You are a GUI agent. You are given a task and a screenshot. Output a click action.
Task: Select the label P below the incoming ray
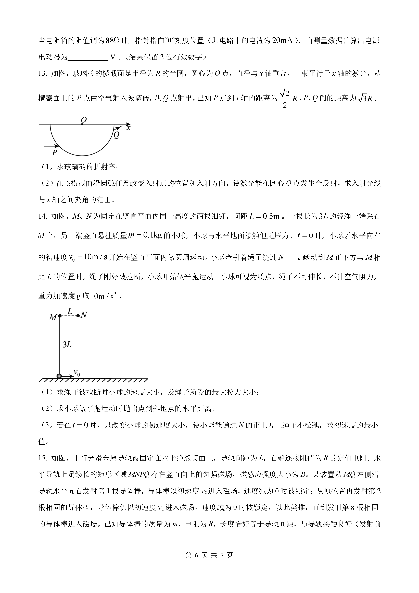(54, 152)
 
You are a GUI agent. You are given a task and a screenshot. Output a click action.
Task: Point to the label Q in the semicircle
(116, 135)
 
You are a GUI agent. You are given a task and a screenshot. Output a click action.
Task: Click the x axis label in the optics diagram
(129, 128)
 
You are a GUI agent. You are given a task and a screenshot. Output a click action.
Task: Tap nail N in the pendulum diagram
(78, 316)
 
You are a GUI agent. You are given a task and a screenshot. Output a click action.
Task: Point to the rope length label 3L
(67, 345)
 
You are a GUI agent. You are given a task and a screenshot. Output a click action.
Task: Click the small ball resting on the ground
(59, 376)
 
